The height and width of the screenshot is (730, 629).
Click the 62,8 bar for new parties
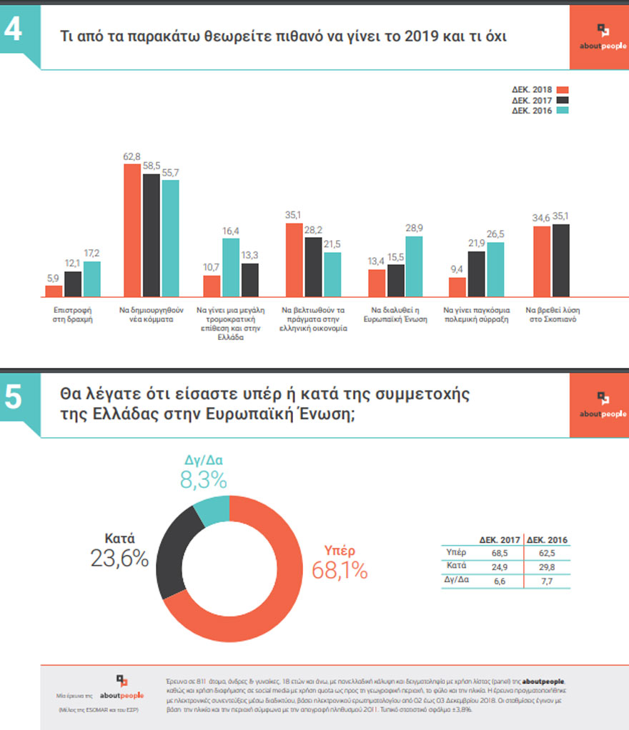tap(132, 230)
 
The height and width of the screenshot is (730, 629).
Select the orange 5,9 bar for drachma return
tap(54, 291)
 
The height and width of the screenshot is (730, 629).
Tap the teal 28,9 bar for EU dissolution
tap(414, 266)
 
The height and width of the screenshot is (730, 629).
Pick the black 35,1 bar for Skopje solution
tap(560, 260)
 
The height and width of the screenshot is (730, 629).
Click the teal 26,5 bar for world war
tap(495, 269)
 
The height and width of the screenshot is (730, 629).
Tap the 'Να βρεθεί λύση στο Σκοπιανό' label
tap(551, 316)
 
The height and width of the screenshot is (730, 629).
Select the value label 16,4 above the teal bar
tap(231, 231)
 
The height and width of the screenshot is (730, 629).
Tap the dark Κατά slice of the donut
tap(174, 557)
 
